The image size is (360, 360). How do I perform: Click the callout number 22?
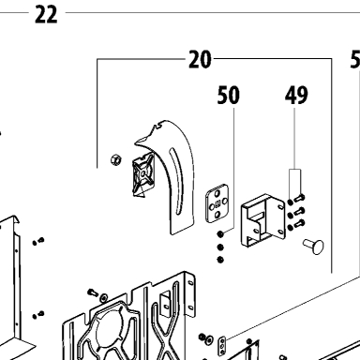tap(46, 15)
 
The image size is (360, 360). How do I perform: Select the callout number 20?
tap(200, 59)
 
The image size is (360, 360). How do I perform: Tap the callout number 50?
tap(229, 96)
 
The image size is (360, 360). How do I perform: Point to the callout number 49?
tap(296, 95)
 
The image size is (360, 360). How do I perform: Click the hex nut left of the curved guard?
tap(116, 159)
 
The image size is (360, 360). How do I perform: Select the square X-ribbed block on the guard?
tap(143, 174)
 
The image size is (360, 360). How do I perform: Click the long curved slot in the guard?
tap(176, 181)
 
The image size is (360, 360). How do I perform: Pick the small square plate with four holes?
tap(217, 203)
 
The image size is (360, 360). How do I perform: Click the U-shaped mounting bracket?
tap(262, 220)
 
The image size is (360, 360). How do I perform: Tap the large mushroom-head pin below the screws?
tap(313, 246)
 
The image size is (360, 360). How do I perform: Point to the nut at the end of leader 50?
tap(220, 233)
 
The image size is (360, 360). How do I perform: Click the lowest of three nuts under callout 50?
tap(220, 260)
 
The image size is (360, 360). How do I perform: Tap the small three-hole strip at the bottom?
tap(222, 346)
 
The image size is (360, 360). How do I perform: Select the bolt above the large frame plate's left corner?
tap(93, 292)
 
